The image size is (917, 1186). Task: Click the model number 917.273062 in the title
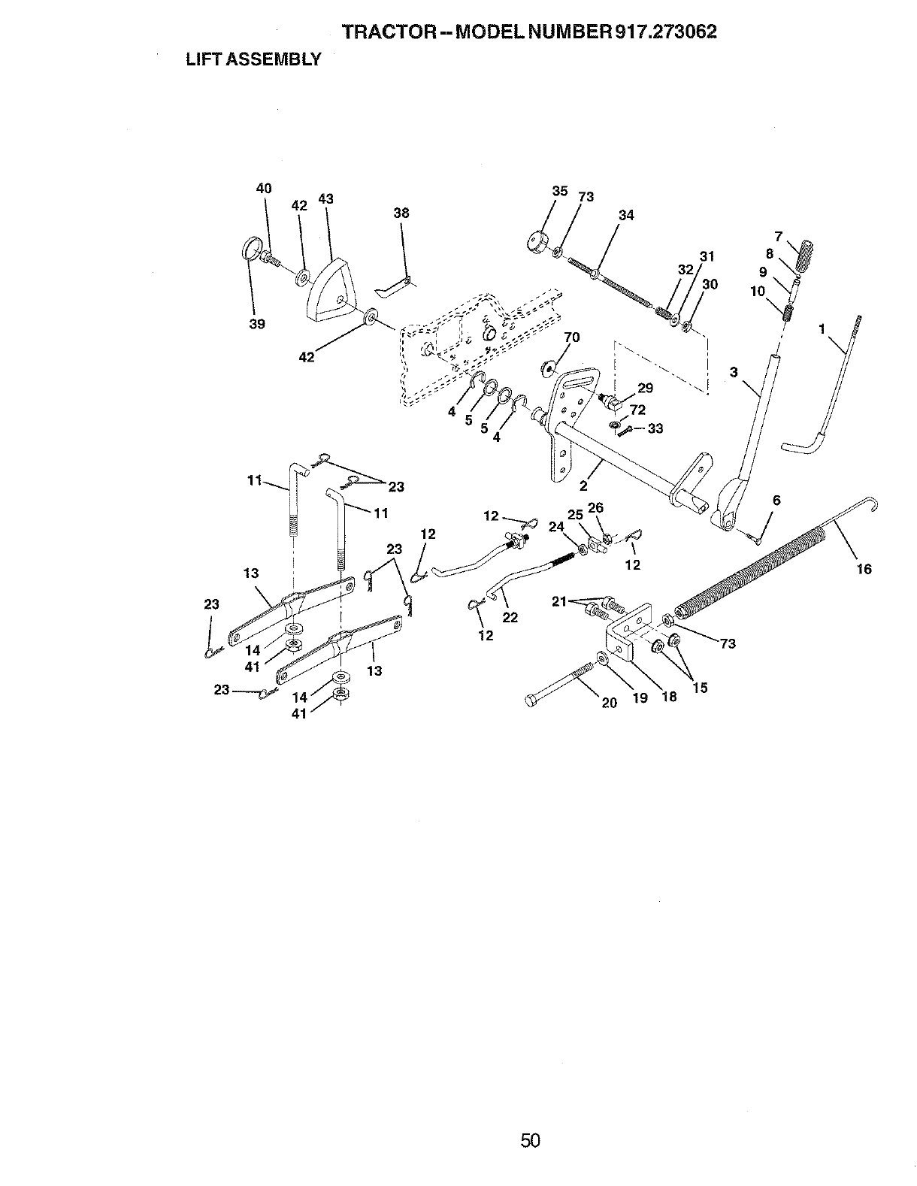[x=665, y=32]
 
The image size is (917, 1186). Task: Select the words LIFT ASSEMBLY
[x=253, y=59]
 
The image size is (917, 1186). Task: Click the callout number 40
[x=264, y=189]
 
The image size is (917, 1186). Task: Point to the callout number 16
[x=864, y=569]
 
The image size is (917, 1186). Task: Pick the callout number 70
[x=572, y=337]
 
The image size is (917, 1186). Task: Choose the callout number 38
[x=401, y=213]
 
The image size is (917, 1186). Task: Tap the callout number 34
[x=626, y=216]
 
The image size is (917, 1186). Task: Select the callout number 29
[x=645, y=388]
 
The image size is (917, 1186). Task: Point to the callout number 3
[x=734, y=371]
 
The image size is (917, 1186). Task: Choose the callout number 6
[x=776, y=501]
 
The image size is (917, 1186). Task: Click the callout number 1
[x=823, y=328]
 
